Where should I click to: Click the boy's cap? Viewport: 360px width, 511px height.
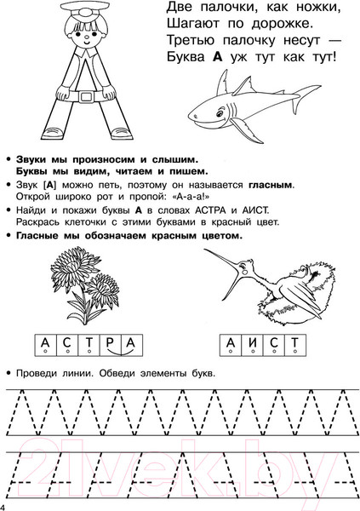coord(86,9)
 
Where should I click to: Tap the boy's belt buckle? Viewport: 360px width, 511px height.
coord(86,96)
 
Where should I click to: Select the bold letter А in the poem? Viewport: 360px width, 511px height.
coord(217,57)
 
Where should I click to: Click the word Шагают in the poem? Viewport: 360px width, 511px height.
coord(193,25)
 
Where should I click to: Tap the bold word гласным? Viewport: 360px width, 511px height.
coord(271,186)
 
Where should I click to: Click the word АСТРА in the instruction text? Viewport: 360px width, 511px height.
coord(210,210)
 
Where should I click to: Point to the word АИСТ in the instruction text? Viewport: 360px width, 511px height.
coord(255,210)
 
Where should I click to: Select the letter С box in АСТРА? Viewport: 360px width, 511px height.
coord(67,345)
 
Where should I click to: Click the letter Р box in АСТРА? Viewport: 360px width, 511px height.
coord(110,345)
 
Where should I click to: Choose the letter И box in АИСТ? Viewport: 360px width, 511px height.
coord(253,345)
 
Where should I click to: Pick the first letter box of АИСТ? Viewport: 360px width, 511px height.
coord(231,345)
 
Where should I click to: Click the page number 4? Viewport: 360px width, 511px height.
coord(3,507)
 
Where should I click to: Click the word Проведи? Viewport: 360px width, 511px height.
coord(37,373)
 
